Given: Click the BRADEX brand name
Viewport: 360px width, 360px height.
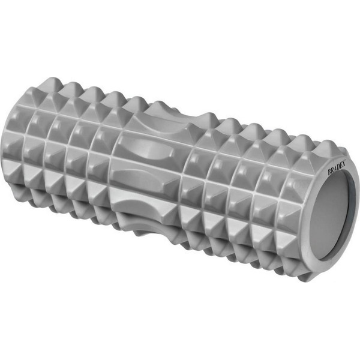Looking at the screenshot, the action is point(337,167).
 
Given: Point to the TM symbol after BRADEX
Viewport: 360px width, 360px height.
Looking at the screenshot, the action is point(346,160).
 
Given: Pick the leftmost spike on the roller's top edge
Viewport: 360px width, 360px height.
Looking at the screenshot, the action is point(53,83).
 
